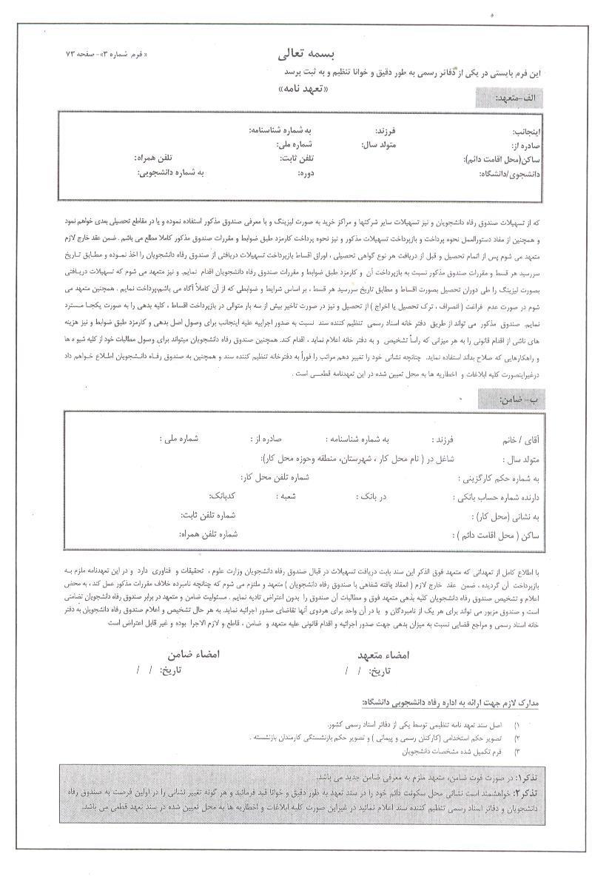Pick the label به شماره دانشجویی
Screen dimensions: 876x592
[x=170, y=172]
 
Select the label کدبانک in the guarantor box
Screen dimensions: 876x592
[x=223, y=496]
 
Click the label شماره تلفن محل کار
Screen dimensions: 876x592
[x=275, y=477]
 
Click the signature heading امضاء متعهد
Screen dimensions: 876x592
[x=384, y=655]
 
